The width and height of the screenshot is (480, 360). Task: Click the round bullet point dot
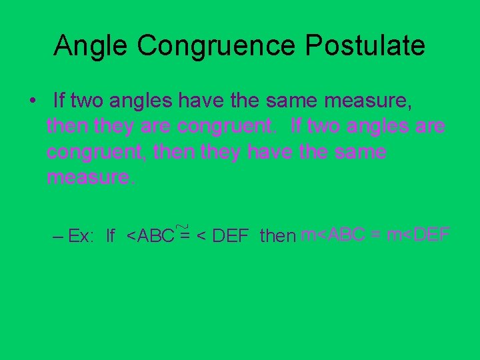33,101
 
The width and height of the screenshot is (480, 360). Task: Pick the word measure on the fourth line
90,177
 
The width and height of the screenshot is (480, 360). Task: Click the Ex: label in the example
81,236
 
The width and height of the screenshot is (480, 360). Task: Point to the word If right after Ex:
111,236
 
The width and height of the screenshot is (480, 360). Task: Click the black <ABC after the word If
150,236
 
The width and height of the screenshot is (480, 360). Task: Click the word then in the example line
278,236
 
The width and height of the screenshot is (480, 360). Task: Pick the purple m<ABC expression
333,235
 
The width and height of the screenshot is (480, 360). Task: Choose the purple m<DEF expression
418,235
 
